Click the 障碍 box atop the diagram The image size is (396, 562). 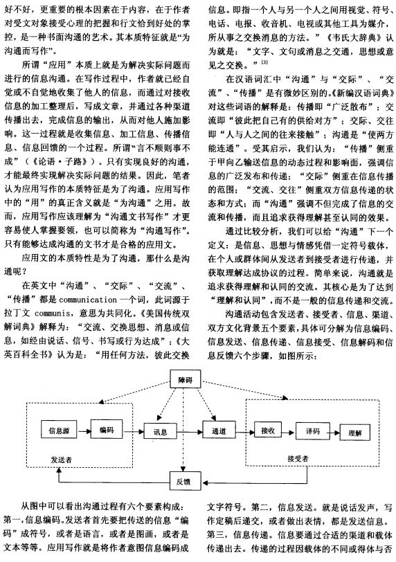pos(185,380)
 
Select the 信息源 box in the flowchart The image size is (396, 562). pos(59,429)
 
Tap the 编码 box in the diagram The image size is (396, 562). pos(107,429)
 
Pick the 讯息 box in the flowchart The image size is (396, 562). pos(160,431)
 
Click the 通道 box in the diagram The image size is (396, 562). pos(219,430)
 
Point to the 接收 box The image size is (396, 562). pos(268,430)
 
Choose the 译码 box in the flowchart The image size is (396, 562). pos(313,430)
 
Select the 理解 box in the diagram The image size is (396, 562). pos(354,433)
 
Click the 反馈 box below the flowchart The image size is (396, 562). pos(185,481)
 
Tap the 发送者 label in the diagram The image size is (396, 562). pos(62,459)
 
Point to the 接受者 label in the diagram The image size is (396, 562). pos(298,458)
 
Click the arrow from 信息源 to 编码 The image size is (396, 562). pos(84,430)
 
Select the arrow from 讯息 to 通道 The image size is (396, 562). pos(190,432)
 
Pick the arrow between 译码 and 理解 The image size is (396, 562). pos(334,433)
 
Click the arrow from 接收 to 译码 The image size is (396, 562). pos(289,432)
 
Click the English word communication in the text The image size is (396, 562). pos(88,299)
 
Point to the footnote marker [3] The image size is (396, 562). pos(264,62)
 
